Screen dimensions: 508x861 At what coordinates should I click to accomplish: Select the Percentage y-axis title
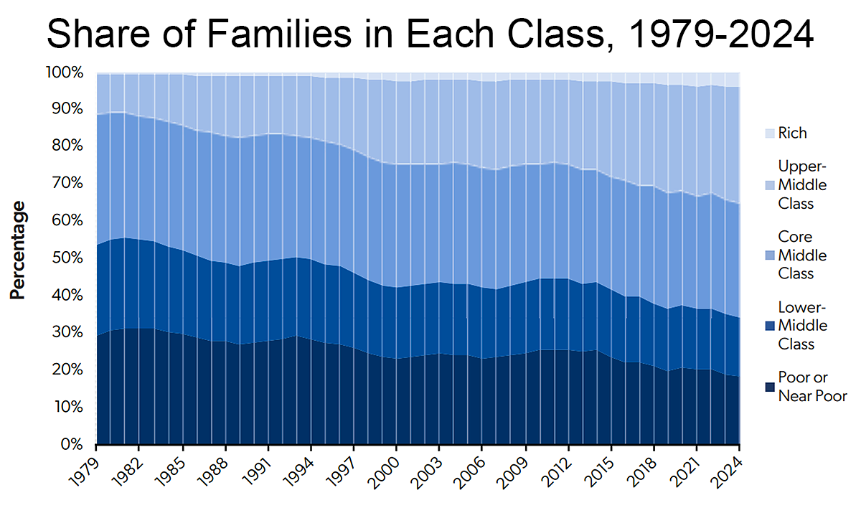pyautogui.click(x=18, y=250)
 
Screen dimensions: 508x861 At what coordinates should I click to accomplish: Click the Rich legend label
pyautogui.click(x=792, y=133)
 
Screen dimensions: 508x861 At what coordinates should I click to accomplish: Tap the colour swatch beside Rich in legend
pyautogui.click(x=769, y=133)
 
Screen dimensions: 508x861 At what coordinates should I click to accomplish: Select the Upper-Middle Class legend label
pyautogui.click(x=802, y=185)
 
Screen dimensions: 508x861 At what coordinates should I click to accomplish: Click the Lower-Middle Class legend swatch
pyautogui.click(x=769, y=326)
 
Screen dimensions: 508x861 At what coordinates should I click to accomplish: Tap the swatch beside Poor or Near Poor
pyautogui.click(x=769, y=387)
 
